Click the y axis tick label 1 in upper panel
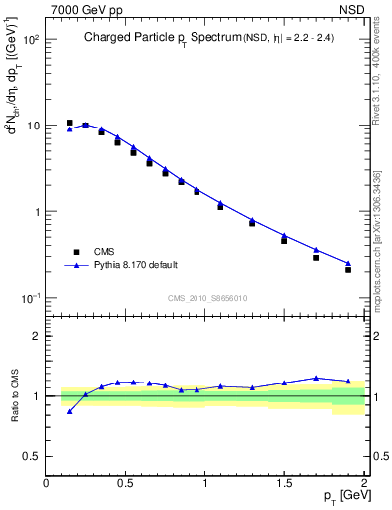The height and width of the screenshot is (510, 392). click(x=36, y=212)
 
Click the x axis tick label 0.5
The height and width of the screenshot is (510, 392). click(x=126, y=483)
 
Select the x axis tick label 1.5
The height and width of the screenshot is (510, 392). click(x=285, y=483)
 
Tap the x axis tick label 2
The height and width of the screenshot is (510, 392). click(x=364, y=483)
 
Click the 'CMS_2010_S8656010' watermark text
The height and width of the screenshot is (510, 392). click(x=206, y=298)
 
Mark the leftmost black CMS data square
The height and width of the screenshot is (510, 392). click(x=69, y=123)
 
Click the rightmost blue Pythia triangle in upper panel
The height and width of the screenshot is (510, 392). click(x=348, y=263)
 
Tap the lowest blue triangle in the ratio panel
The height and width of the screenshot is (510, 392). click(x=69, y=411)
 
